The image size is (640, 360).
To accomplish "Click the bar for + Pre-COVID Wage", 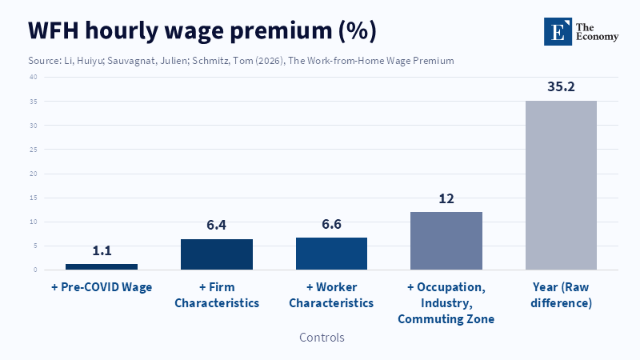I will pyautogui.click(x=102, y=266).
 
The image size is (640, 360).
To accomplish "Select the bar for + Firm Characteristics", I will pyautogui.click(x=217, y=254).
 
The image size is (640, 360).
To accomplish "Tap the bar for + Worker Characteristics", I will pyautogui.click(x=331, y=254).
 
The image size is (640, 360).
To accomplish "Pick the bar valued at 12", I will pyautogui.click(x=446, y=241).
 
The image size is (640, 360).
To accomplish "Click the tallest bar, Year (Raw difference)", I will pyautogui.click(x=561, y=185).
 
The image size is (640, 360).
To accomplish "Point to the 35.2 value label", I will pyautogui.click(x=561, y=86).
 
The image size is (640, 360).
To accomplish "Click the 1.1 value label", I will pyautogui.click(x=102, y=250).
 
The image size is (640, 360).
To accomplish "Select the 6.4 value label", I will pyautogui.click(x=217, y=225).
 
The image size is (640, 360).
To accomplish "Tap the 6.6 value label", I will pyautogui.click(x=331, y=224).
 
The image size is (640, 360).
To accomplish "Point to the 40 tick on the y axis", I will pyautogui.click(x=33, y=77).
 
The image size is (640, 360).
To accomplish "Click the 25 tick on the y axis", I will pyautogui.click(x=33, y=150).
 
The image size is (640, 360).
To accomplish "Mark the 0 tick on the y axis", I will pyautogui.click(x=35, y=270).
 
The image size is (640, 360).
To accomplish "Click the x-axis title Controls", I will pyautogui.click(x=322, y=338).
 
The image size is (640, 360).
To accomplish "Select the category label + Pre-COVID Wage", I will pyautogui.click(x=102, y=286).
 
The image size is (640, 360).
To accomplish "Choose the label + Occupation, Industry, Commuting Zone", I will pyautogui.click(x=446, y=302).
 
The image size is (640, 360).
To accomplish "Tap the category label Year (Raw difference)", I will pyautogui.click(x=561, y=294).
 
